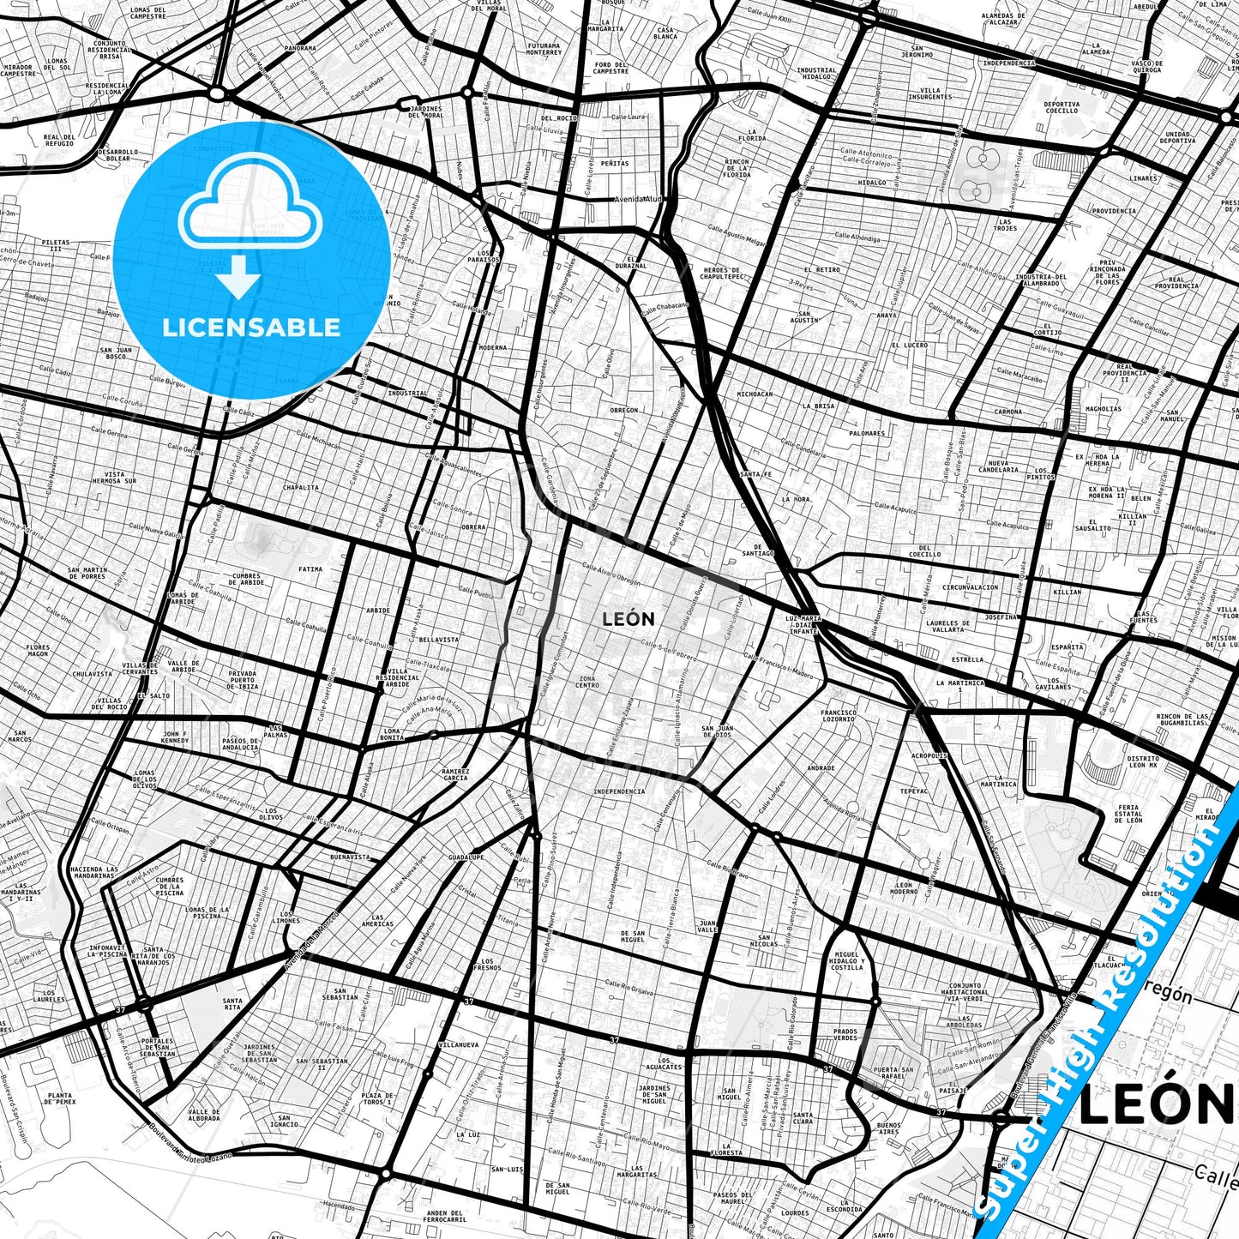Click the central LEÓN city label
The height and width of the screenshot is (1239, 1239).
629,619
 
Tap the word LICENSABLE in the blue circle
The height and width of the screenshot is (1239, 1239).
251,328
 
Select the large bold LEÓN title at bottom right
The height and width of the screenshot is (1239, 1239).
1155,1105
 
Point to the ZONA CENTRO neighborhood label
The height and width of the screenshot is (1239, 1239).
587,682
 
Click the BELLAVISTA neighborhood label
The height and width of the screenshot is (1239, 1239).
439,640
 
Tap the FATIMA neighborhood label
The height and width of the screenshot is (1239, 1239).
310,569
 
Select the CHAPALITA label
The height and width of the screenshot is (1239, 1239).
301,487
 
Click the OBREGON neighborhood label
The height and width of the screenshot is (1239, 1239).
624,410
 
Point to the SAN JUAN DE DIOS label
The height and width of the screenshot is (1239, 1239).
717,731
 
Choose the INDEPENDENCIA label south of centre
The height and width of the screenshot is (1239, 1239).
618,791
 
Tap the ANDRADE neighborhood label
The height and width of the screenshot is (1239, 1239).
821,767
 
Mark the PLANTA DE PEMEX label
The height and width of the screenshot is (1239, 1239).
60,1098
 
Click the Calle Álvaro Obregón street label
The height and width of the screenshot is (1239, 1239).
610,574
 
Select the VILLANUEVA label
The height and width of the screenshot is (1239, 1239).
458,1045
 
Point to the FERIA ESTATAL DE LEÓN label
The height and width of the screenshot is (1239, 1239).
1128,813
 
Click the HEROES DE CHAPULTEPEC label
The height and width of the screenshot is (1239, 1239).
720,273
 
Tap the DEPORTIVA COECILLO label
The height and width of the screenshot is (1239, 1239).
1062,107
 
